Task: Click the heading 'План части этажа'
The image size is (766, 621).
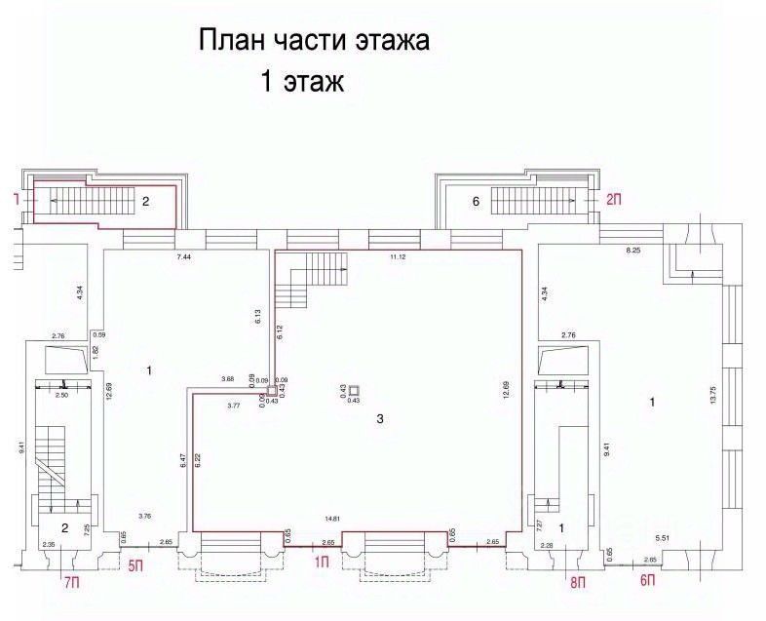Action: click(314, 42)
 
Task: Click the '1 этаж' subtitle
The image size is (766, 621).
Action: click(301, 81)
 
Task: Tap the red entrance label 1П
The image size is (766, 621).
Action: click(321, 562)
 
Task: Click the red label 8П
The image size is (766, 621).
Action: click(577, 583)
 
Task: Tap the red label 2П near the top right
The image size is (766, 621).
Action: click(614, 200)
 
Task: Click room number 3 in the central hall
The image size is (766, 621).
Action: click(380, 419)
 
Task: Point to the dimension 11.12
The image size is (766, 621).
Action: click(398, 255)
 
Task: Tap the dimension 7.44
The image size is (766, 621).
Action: click(184, 255)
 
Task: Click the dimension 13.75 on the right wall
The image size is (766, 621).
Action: click(713, 395)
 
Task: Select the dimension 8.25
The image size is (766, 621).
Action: click(633, 252)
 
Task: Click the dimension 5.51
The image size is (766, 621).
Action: click(665, 537)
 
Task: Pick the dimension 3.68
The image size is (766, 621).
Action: click(227, 378)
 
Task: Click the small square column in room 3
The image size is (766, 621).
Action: click(354, 390)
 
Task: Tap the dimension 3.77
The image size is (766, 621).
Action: click(234, 404)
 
